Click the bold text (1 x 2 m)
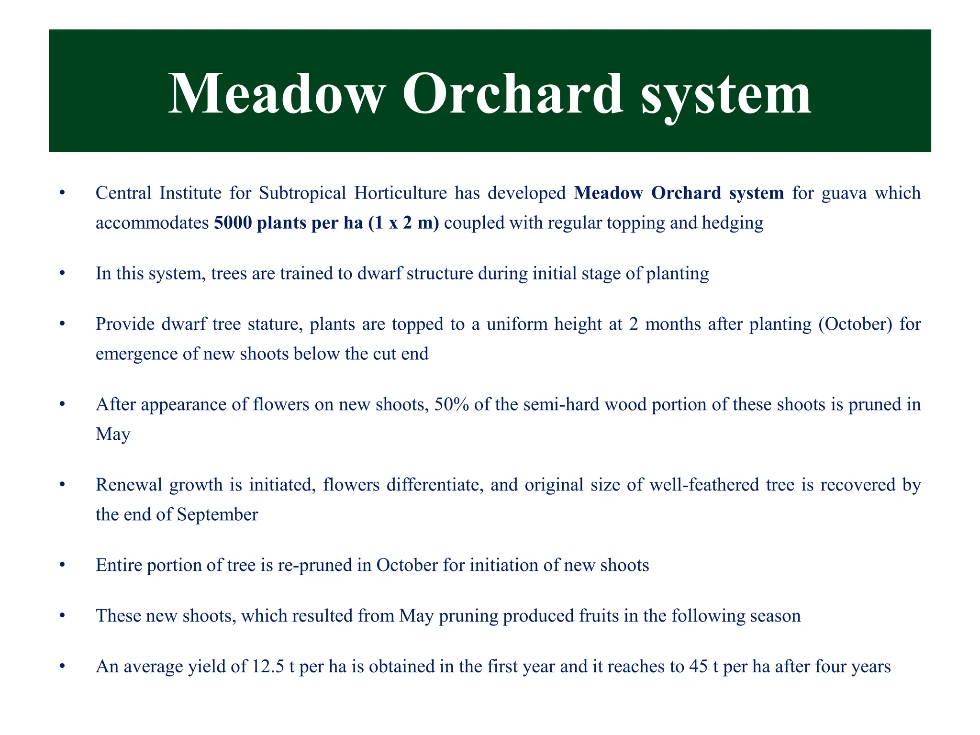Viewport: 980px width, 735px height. (403, 223)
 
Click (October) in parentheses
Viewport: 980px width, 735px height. (855, 324)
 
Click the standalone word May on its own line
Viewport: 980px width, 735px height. (113, 434)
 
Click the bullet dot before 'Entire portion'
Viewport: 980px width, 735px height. (61, 566)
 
